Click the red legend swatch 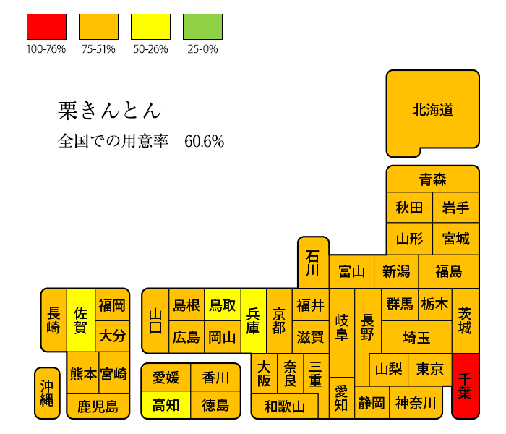46,27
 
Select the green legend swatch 202,27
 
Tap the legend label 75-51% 98,49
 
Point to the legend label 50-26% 150,49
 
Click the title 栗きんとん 109,111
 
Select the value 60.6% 205,142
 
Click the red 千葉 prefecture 466,386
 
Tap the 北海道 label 433,110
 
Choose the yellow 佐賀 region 81,320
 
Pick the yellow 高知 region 166,404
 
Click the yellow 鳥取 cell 223,305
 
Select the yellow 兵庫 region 254,321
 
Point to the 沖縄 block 47,393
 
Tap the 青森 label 433,179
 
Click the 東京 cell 430,370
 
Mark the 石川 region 313,262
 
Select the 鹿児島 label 98,407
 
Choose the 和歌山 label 284,407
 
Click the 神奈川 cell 416,402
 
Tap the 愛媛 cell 166,378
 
